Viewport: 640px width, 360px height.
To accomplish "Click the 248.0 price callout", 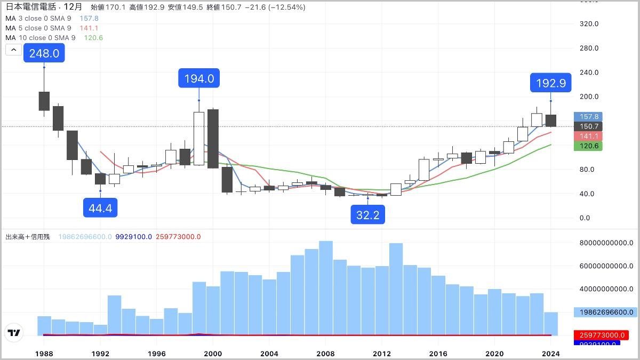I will point(44,53).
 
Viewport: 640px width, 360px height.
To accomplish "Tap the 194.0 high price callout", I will point(199,79).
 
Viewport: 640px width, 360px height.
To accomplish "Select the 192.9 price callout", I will point(550,83).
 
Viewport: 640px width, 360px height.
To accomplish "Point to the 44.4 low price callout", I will point(100,207).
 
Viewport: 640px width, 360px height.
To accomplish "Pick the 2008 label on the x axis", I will point(326,353).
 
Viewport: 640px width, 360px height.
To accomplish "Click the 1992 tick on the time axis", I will point(100,353).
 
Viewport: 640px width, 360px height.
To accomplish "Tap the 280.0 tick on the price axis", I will point(589,48).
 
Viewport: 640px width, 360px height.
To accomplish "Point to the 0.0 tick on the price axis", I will point(585,218).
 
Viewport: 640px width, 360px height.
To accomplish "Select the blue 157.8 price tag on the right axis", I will point(588,116).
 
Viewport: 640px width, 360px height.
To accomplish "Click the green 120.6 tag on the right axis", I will point(588,146).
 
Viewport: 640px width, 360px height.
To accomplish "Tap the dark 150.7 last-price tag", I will point(588,126).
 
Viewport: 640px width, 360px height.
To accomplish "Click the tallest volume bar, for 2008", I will point(326,288).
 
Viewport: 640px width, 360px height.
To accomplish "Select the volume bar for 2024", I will point(550,324).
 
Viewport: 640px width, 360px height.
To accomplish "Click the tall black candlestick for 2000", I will point(213,139).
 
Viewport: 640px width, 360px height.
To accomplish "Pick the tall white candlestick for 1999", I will point(199,138).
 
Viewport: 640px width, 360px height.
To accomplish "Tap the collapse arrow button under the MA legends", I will point(14,50).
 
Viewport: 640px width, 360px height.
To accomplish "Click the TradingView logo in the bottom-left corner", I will point(14,333).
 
